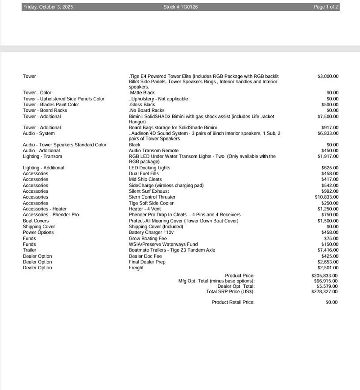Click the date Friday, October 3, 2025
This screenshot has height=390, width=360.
[48, 7]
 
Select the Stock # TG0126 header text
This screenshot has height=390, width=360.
[180, 7]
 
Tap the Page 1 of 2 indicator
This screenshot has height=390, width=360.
[326, 7]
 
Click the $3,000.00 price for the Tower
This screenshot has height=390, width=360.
[328, 77]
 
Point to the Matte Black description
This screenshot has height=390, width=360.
[142, 93]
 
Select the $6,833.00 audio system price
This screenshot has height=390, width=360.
[328, 133]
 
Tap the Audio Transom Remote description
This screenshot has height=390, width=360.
[153, 150]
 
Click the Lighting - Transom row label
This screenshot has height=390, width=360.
[42, 156]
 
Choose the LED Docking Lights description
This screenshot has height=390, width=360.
[149, 168]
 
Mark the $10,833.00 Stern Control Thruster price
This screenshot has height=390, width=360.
[327, 197]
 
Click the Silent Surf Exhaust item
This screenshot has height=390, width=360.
[149, 191]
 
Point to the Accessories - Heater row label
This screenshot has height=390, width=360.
[45, 209]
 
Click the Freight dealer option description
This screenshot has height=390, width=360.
[136, 268]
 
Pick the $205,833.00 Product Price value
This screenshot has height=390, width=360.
[324, 276]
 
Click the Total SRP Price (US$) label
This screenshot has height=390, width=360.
[230, 292]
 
